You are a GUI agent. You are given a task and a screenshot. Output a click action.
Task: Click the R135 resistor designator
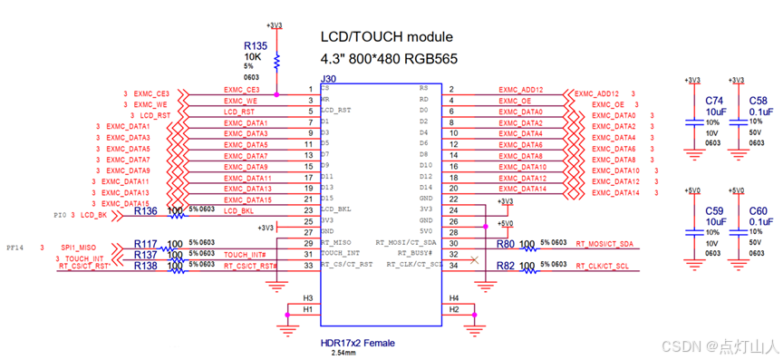(256, 45)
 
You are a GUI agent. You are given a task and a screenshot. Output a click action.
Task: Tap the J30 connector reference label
(328, 80)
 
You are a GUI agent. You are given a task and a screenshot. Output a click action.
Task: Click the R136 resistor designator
(145, 211)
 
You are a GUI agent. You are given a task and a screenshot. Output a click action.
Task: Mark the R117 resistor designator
(145, 244)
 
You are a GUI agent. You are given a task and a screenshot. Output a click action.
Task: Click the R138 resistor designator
(145, 267)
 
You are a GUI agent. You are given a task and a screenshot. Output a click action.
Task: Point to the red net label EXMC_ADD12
(521, 91)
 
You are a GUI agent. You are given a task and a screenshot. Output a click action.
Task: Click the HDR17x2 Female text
(359, 344)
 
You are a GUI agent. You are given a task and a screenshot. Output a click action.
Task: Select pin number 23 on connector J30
(309, 210)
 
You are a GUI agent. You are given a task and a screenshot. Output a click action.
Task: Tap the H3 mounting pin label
(308, 298)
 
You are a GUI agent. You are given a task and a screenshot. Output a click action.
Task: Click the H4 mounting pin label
(453, 298)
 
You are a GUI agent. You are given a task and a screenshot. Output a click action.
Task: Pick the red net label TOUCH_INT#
(245, 255)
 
